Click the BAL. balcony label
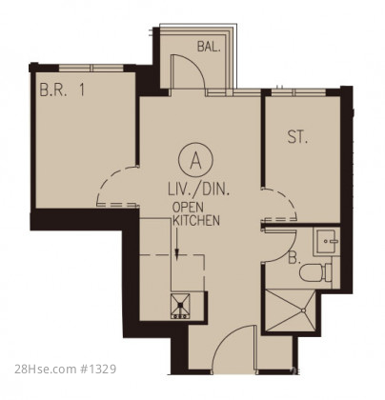coord(209,47)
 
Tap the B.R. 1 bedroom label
coord(62,90)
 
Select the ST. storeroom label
coord(297,137)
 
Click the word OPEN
coord(188,208)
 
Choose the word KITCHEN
coord(196,220)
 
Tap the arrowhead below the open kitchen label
coord(177,253)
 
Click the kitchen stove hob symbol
coord(180,306)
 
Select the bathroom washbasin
coord(327,241)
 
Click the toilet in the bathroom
coord(315,272)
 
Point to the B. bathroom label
coord(294,258)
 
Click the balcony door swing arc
coord(196,64)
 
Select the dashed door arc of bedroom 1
coord(108,178)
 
